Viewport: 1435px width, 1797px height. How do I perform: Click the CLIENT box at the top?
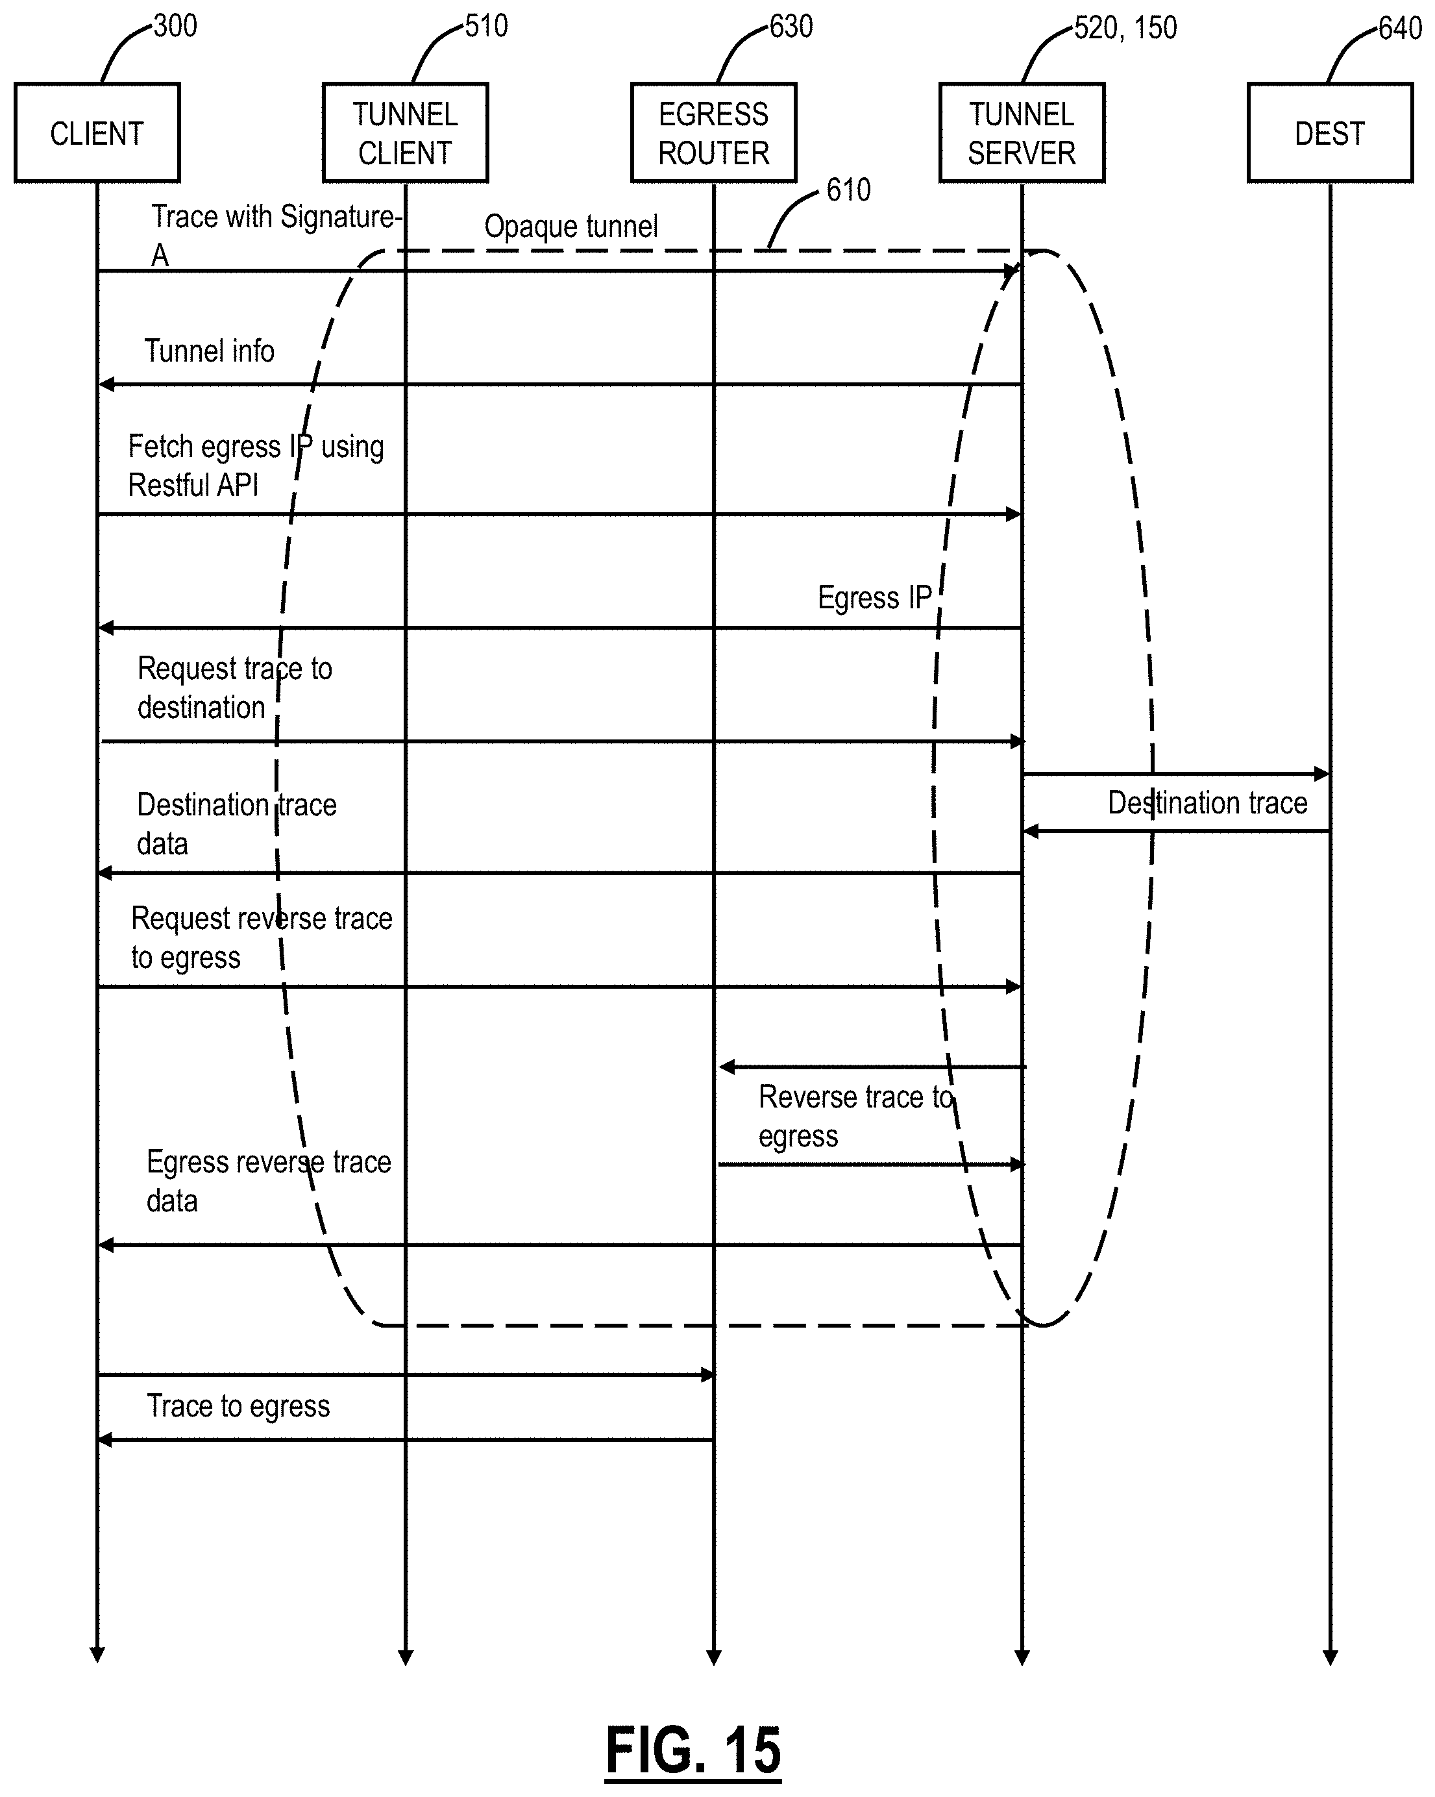click(97, 133)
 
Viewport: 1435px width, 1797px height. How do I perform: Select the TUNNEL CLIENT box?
click(405, 133)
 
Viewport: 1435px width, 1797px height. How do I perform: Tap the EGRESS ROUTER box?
click(713, 133)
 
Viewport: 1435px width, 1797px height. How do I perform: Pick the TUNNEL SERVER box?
click(1022, 133)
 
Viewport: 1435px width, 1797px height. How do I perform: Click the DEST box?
click(1329, 133)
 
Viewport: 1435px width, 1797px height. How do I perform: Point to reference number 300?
click(175, 26)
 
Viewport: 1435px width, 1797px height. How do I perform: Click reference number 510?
click(486, 26)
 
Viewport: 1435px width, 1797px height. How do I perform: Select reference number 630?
click(790, 27)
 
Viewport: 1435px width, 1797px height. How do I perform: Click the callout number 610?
click(848, 190)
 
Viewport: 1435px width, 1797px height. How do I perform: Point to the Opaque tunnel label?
click(571, 227)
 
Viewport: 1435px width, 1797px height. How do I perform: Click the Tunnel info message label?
click(209, 351)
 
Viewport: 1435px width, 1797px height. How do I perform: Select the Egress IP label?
click(874, 598)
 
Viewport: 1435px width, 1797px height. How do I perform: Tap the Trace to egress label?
click(238, 1406)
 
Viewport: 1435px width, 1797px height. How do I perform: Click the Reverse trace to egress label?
click(854, 1116)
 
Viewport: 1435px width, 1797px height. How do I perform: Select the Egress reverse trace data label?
click(268, 1181)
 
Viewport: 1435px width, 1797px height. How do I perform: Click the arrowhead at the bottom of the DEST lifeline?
click(1329, 1657)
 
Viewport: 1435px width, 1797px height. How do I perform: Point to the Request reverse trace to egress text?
click(261, 937)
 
